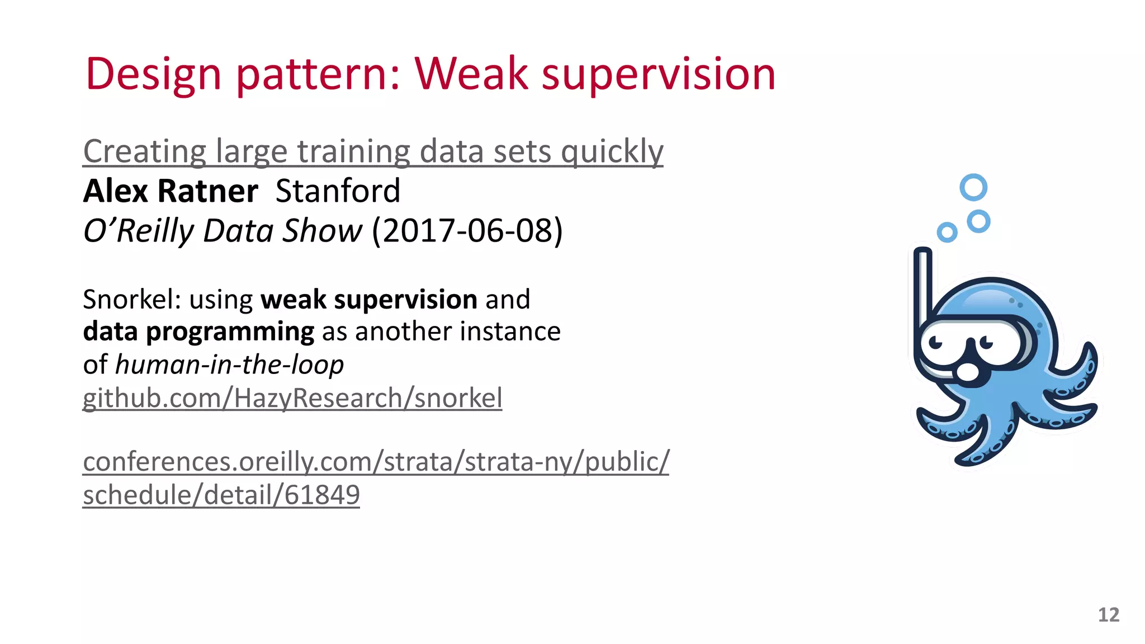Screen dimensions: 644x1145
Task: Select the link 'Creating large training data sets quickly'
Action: pyautogui.click(x=373, y=151)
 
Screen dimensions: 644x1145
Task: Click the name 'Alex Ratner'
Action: pyautogui.click(x=171, y=191)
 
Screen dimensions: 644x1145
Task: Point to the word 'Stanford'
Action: pyautogui.click(x=338, y=191)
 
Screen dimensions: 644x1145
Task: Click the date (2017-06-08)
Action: pyautogui.click(x=467, y=230)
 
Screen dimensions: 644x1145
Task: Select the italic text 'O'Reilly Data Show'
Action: pyautogui.click(x=223, y=230)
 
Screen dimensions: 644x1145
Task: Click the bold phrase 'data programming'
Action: pyautogui.click(x=198, y=332)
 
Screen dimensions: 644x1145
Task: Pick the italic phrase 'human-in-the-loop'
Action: pyautogui.click(x=229, y=364)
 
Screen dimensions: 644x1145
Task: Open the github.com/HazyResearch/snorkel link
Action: pyautogui.click(x=292, y=398)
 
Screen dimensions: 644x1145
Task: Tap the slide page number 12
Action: pyautogui.click(x=1108, y=615)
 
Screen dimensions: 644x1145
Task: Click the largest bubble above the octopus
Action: pyautogui.click(x=973, y=187)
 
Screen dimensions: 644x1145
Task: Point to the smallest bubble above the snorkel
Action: pyautogui.click(x=947, y=232)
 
